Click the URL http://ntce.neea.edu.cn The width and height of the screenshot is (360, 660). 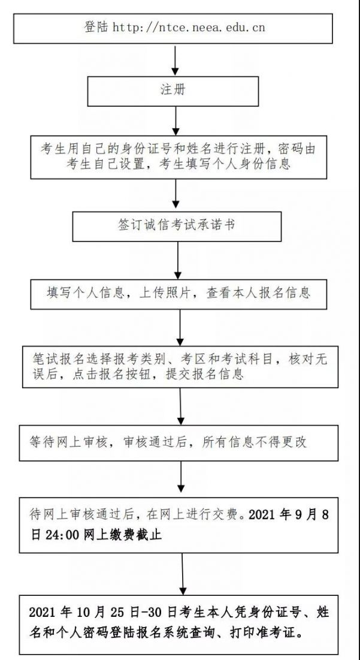click(x=189, y=28)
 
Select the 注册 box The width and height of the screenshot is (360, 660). click(x=173, y=91)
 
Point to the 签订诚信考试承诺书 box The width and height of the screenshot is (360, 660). click(x=177, y=227)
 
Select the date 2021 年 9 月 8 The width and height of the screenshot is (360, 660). click(x=289, y=515)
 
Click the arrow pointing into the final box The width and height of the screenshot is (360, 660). click(x=182, y=574)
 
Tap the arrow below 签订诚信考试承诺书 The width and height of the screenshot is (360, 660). click(x=177, y=260)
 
